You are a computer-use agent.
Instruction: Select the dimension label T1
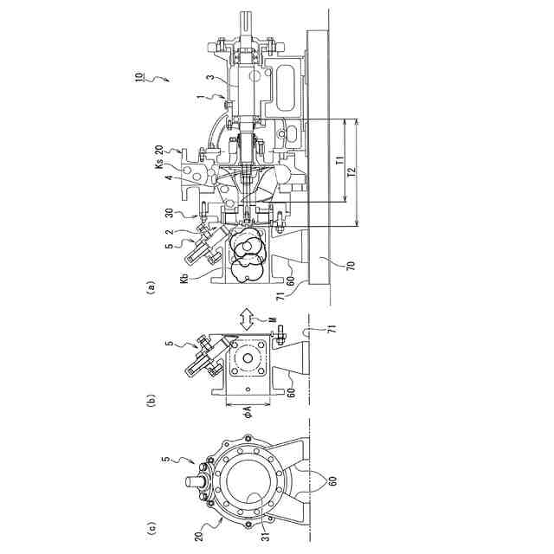(x=338, y=160)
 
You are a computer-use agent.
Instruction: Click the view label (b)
(x=151, y=401)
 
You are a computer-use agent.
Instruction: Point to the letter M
(x=274, y=319)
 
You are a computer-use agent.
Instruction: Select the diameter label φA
(x=247, y=410)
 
